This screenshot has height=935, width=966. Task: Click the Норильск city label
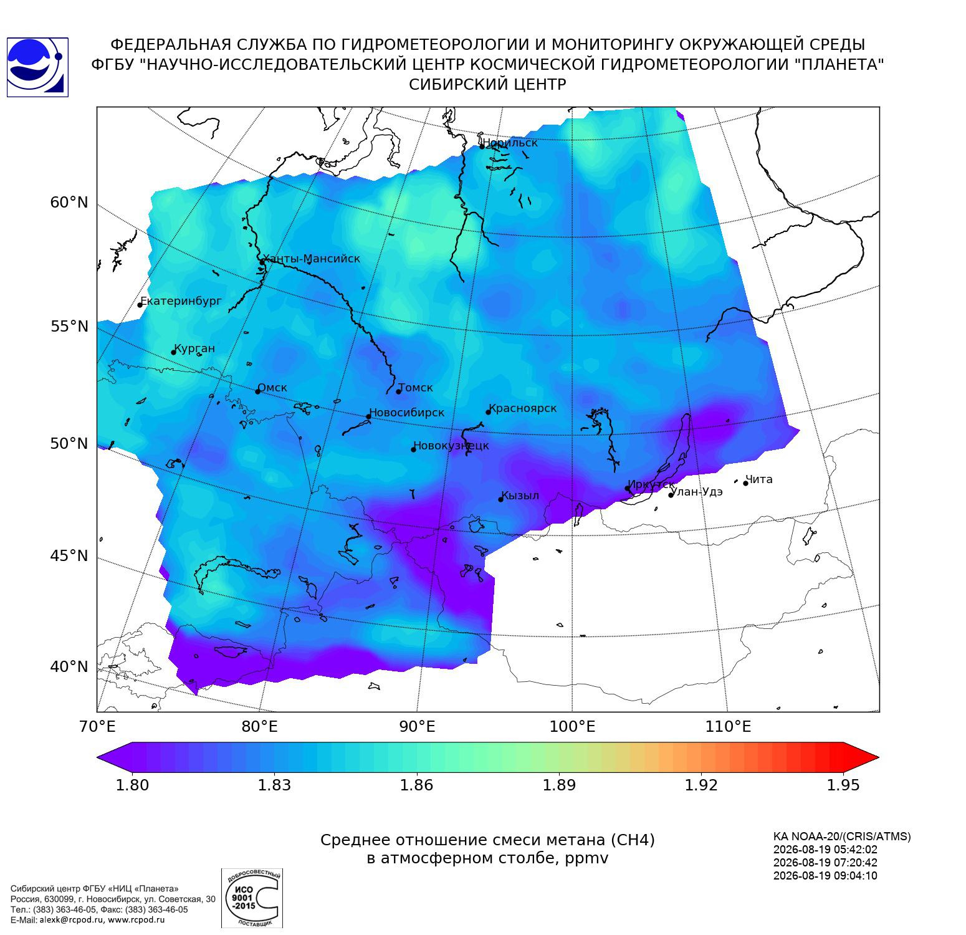(510, 143)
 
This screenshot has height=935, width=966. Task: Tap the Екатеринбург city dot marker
(140, 304)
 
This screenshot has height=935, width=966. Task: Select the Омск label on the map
(272, 388)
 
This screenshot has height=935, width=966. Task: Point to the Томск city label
(415, 388)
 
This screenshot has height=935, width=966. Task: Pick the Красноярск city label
(522, 409)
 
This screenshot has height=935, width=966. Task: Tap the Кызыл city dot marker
(501, 499)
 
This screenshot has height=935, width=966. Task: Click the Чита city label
(759, 479)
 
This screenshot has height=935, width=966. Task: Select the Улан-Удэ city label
(697, 492)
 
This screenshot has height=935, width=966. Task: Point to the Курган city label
(194, 348)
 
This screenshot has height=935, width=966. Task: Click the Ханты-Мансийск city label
(312, 259)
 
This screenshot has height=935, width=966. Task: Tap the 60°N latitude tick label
(69, 203)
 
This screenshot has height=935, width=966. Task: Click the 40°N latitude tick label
(69, 667)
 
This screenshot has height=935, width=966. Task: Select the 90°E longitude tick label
(417, 727)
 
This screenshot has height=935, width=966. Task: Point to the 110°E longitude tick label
(729, 727)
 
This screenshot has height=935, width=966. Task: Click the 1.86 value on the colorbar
(416, 785)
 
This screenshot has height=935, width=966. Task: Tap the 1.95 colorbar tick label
(843, 785)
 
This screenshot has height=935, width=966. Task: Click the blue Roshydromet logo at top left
(37, 67)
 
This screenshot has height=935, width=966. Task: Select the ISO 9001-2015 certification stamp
(252, 898)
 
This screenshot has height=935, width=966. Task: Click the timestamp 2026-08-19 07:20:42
(825, 863)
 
